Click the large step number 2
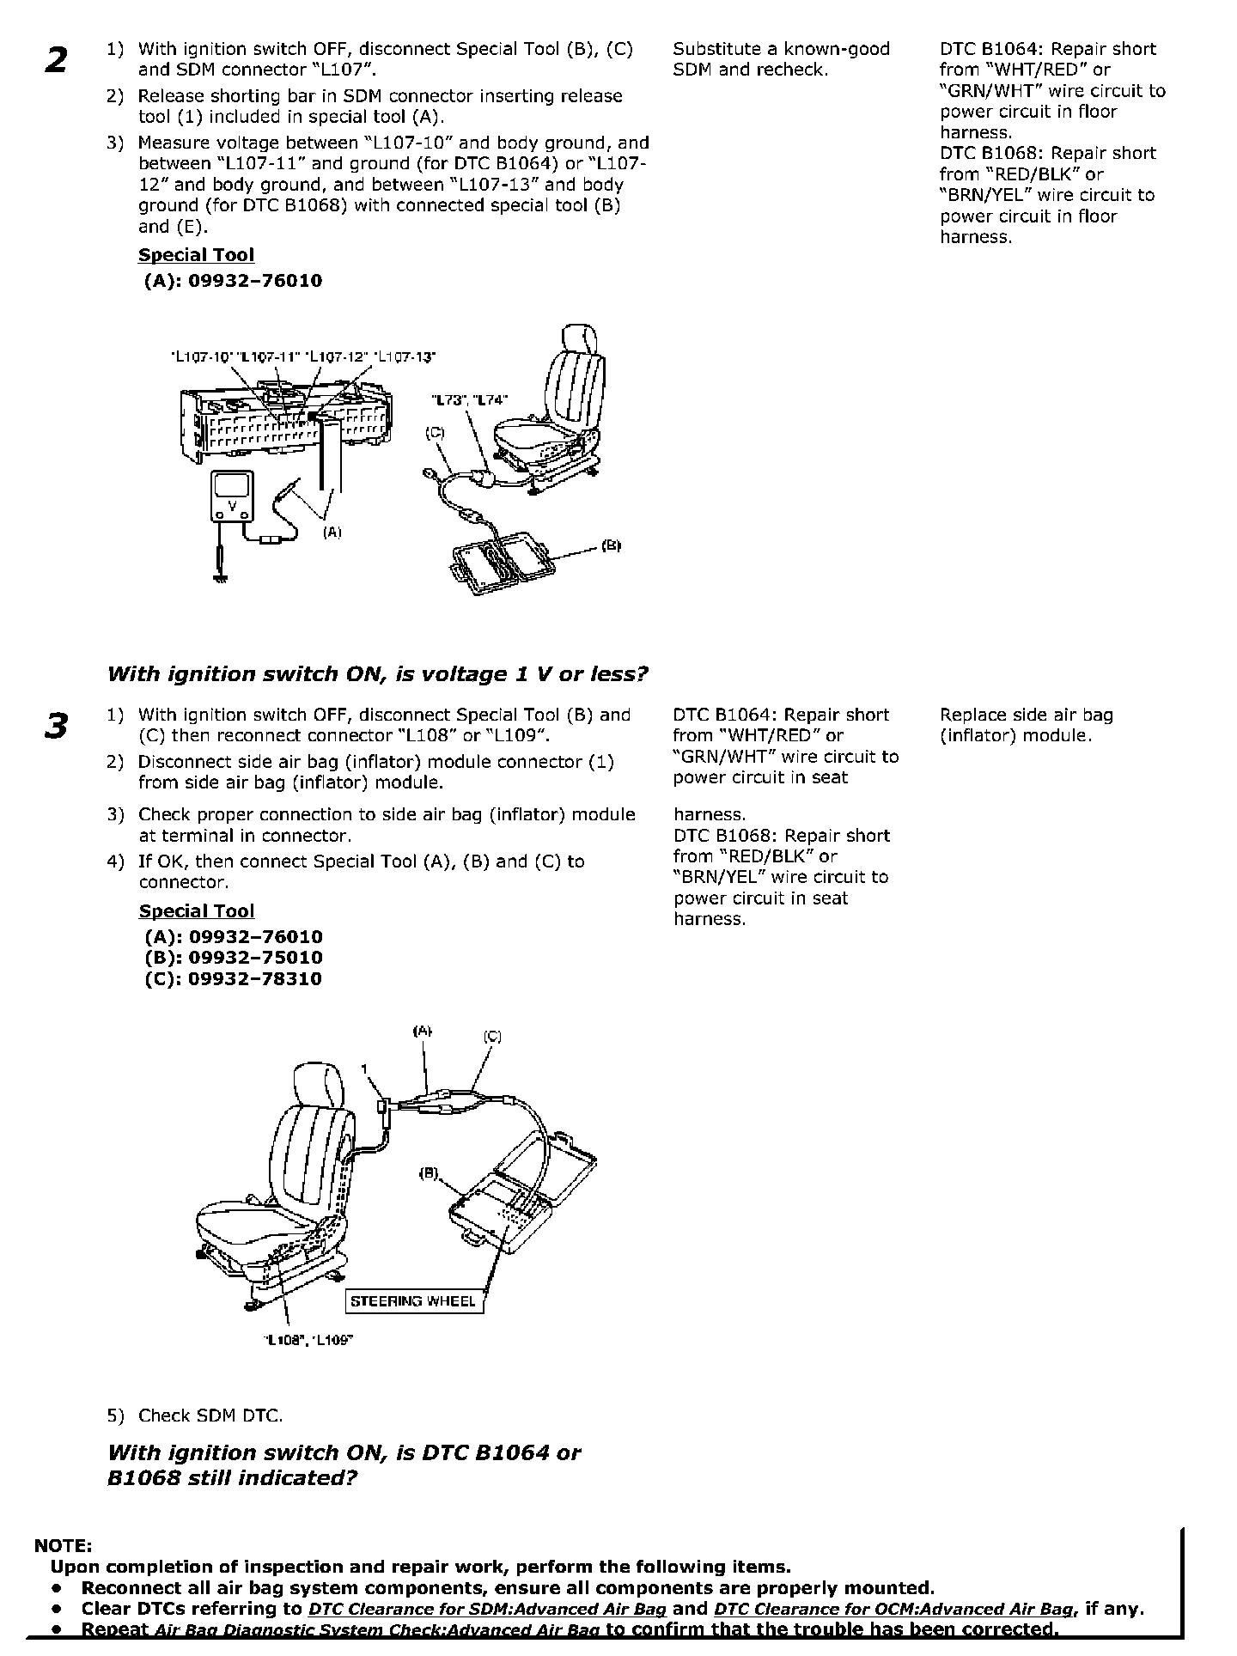click(56, 61)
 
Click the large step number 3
click(55, 726)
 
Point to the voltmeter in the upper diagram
click(231, 496)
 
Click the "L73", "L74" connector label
click(469, 399)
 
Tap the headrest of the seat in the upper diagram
click(582, 338)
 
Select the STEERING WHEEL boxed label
click(412, 1301)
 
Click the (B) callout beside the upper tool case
click(611, 545)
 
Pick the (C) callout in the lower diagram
click(492, 1037)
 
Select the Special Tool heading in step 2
click(196, 255)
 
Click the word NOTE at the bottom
click(62, 1546)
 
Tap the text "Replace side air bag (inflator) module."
click(1026, 725)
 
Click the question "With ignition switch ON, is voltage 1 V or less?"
click(377, 674)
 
